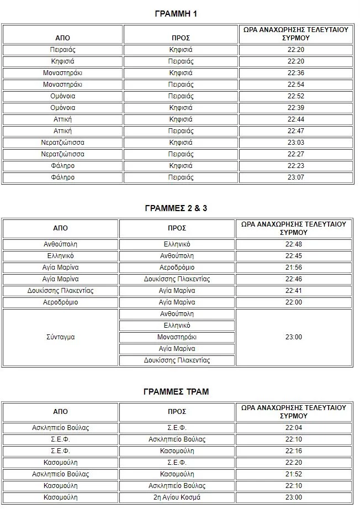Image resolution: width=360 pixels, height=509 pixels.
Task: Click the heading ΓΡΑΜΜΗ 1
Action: (176, 14)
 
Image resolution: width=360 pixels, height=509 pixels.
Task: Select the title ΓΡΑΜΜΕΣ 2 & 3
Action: (176, 208)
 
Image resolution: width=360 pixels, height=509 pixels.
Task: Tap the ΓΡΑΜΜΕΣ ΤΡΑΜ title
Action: (176, 391)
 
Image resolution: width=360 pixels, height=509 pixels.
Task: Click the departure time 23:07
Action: (296, 178)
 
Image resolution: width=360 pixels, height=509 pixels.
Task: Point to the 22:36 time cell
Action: (296, 73)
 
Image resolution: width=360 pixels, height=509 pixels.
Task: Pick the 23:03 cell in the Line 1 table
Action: (296, 143)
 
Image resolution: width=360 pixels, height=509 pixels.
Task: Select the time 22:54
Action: (296, 85)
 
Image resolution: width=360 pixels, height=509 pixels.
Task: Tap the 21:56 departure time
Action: (294, 267)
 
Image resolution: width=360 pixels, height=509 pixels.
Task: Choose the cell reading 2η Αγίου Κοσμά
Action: (177, 497)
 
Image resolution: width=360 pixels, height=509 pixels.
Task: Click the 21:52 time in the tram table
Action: (294, 474)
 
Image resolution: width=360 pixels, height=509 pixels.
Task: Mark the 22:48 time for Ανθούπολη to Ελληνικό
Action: (294, 244)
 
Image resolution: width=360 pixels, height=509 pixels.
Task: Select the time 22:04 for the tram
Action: (294, 428)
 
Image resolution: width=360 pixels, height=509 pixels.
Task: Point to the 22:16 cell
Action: (294, 451)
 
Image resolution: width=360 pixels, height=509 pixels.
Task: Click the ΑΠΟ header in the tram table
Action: (60, 412)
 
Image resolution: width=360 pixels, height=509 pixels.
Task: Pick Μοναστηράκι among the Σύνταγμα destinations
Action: (177, 337)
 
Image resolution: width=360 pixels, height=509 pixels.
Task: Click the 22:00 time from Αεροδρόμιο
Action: (294, 302)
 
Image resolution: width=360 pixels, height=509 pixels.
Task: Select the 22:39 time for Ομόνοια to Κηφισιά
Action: (296, 108)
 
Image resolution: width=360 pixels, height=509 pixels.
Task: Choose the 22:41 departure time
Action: (294, 291)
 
